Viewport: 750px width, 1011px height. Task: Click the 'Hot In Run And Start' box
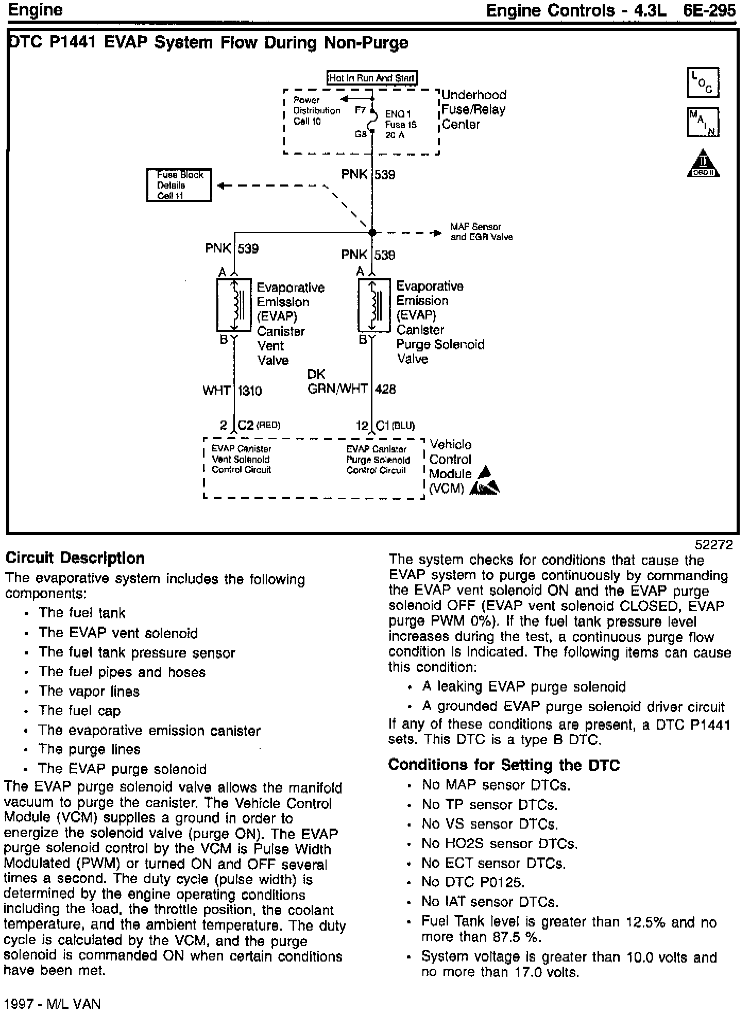click(x=372, y=78)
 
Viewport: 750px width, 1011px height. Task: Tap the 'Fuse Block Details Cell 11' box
click(x=179, y=185)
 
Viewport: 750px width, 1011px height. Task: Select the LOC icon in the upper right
click(x=703, y=82)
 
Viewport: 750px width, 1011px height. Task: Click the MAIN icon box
click(x=703, y=122)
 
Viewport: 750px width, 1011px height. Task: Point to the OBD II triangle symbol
click(x=703, y=164)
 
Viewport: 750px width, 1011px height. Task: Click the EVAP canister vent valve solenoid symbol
click(x=233, y=305)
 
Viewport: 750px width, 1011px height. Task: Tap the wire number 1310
click(x=250, y=391)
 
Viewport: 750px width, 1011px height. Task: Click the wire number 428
click(x=385, y=389)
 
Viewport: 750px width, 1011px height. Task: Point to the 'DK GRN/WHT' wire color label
click(x=337, y=382)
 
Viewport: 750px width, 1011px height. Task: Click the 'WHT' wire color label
click(x=216, y=391)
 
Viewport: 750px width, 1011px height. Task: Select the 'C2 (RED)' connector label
click(x=259, y=425)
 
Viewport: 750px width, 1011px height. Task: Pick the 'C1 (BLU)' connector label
click(x=395, y=425)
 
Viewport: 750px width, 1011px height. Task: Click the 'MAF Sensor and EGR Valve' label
click(x=481, y=232)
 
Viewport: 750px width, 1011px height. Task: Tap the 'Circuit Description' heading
click(x=75, y=558)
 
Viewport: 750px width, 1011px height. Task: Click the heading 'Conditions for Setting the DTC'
click(x=504, y=765)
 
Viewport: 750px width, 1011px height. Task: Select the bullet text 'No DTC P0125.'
click(x=473, y=882)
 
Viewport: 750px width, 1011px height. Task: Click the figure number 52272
click(x=713, y=545)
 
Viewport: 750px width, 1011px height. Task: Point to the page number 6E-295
click(x=710, y=10)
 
